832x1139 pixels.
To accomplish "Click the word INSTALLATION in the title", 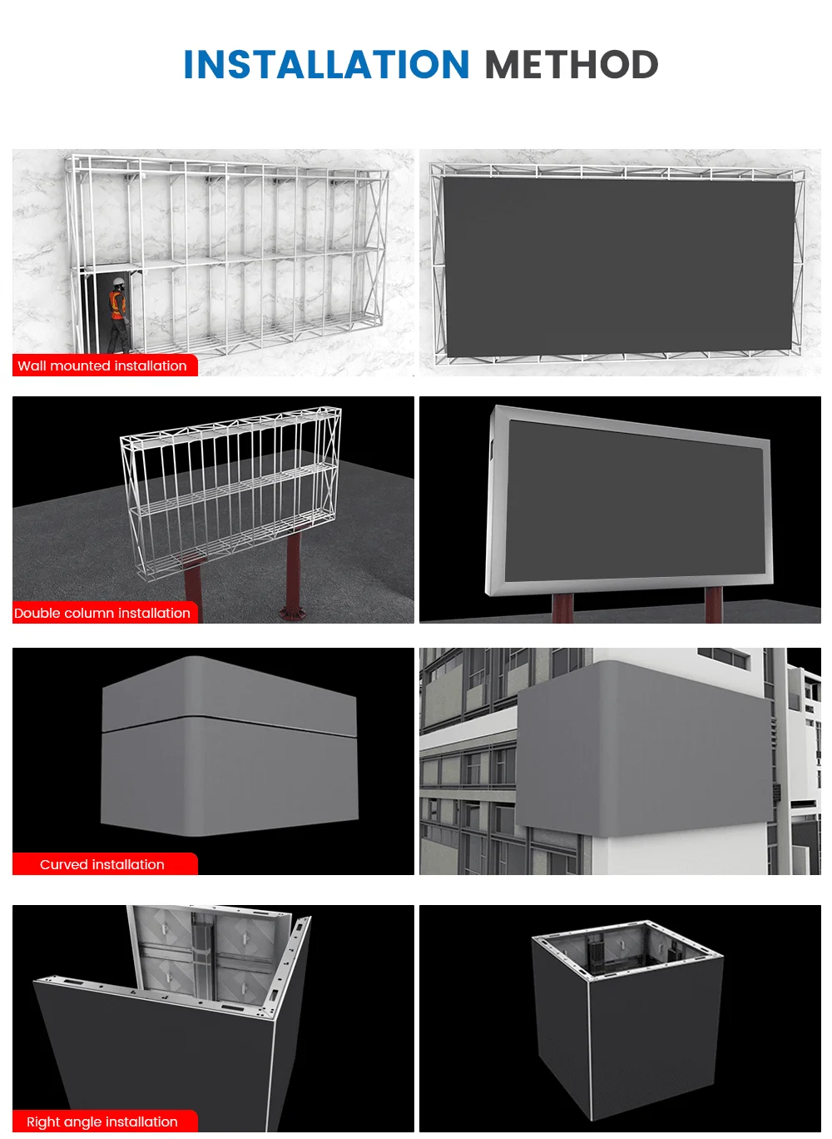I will coord(326,65).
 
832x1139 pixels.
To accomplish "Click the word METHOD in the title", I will coord(571,65).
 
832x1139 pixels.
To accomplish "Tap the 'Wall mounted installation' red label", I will coord(103,366).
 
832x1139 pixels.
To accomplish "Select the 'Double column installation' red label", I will coord(103,613).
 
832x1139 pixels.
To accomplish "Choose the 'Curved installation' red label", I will coord(103,864).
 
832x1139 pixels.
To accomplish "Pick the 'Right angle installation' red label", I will coord(103,1122).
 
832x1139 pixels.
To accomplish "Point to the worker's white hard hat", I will coord(119,282).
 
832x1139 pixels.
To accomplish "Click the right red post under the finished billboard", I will coord(713,605).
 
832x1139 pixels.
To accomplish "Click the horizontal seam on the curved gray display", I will coord(229,723).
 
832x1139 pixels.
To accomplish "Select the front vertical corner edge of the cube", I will coord(590,1049).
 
